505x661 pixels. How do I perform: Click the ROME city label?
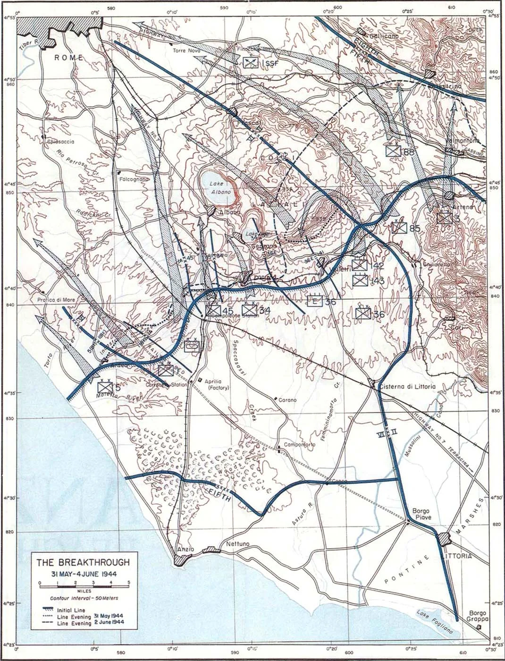coord(69,58)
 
